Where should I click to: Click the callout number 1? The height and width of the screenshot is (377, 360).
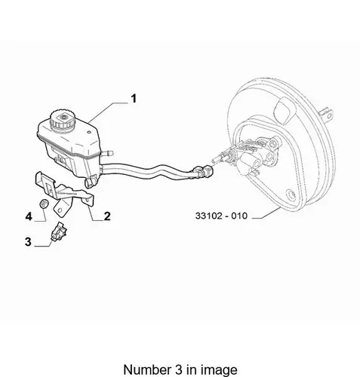coord(134,99)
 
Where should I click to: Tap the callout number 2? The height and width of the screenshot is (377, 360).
coord(107,216)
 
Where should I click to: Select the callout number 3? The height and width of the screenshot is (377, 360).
coord(28,242)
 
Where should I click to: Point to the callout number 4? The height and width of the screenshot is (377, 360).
coord(29,216)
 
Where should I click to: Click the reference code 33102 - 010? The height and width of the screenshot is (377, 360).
coord(221,216)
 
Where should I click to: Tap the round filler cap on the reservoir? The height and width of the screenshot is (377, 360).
coord(62,119)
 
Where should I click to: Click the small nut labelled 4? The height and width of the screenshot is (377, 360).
coord(44,204)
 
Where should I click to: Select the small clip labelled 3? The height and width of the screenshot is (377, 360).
coord(59,231)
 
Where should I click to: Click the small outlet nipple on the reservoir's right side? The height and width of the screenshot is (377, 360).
coord(107,152)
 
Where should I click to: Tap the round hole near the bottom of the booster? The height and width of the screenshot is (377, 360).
coord(291,195)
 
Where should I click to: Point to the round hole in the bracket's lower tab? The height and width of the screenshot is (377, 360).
coord(60,210)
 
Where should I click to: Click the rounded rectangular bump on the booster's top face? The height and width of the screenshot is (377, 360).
coord(285,111)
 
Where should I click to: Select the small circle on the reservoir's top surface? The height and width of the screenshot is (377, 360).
coord(88,132)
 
